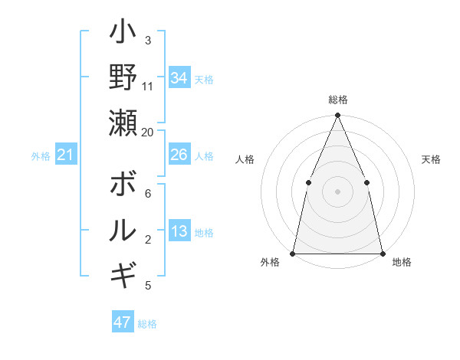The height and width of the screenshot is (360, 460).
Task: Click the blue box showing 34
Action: coord(179,78)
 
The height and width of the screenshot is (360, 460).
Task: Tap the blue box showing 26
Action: coord(179,155)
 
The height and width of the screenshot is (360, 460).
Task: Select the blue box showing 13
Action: coord(179,232)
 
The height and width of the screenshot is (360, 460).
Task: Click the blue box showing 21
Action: coord(66,155)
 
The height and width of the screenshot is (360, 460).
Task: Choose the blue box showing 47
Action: coord(123,322)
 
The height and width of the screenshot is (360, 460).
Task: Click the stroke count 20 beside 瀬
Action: coord(148,132)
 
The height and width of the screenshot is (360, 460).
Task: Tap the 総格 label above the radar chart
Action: coord(337,100)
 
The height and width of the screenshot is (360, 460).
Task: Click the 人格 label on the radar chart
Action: coord(245,159)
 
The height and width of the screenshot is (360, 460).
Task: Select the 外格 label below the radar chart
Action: coord(270,263)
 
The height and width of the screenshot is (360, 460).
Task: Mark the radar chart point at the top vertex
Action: coord(337,116)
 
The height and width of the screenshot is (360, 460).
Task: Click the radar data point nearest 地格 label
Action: coord(382,253)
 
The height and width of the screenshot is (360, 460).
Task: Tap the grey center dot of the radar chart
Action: coord(337,191)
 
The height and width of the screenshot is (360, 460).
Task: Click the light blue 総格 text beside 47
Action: coord(147,324)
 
